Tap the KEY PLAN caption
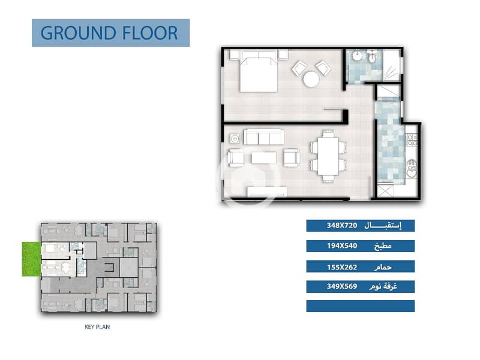click(97, 327)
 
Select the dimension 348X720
click(342, 226)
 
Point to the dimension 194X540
click(342, 246)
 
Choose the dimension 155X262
click(342, 267)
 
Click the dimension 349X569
click(342, 287)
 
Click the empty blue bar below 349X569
click(361, 306)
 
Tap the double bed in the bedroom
click(259, 71)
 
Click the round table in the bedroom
click(311, 79)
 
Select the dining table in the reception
click(328, 156)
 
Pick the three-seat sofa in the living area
click(264, 137)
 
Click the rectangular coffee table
click(263, 158)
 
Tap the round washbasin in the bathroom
click(357, 56)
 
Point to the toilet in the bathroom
click(372, 58)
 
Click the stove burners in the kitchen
click(412, 140)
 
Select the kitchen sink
click(412, 169)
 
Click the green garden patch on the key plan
click(31, 259)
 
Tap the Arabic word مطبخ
click(383, 246)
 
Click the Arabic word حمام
click(383, 267)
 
